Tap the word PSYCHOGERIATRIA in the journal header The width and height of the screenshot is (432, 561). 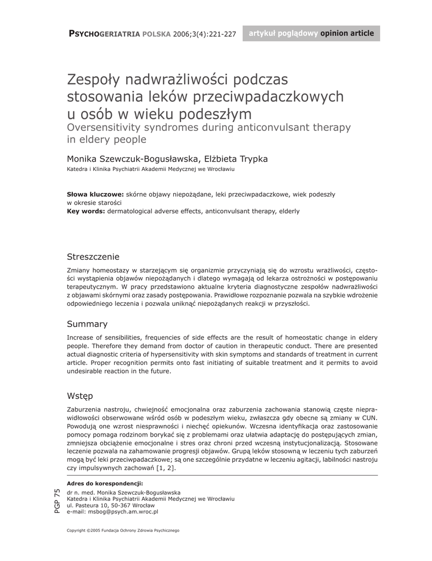[104, 34]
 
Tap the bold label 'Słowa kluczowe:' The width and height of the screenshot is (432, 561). [95, 194]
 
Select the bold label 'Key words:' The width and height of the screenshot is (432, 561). [86, 211]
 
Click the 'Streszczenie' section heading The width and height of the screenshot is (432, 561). [93, 257]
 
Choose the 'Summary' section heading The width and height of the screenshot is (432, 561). [87, 324]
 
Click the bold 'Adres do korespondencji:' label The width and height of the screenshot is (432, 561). [105, 483]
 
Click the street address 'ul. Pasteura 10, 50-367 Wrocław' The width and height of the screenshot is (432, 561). [110, 505]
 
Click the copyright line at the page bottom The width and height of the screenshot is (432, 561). [123, 530]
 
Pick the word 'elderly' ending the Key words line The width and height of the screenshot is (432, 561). [289, 211]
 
